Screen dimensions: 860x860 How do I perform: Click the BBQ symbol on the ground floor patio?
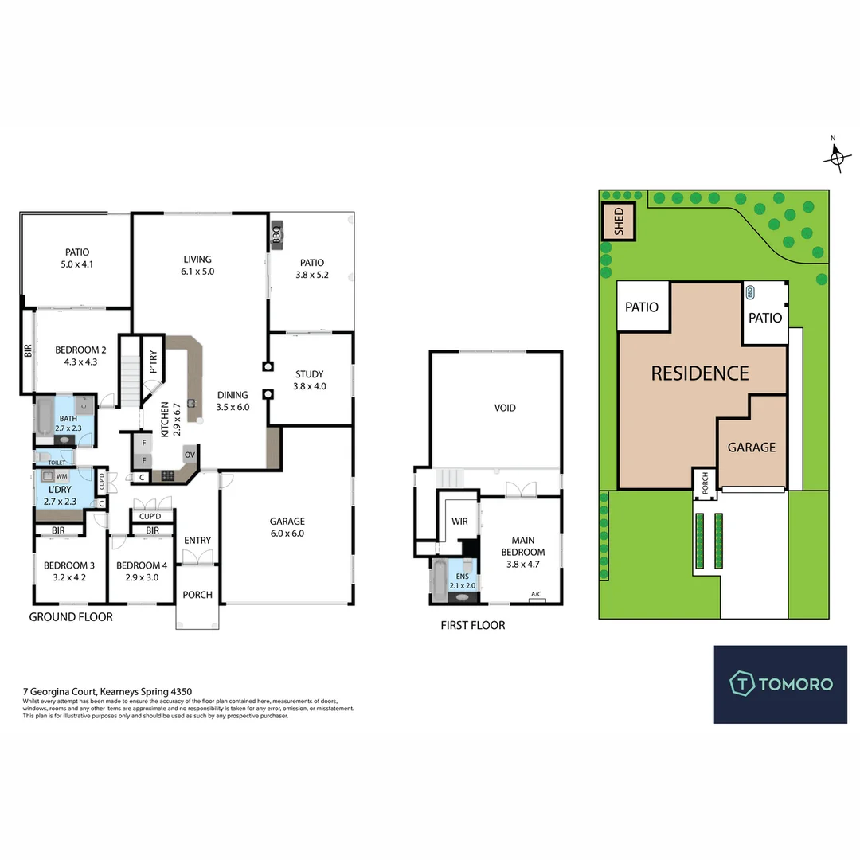click(x=276, y=236)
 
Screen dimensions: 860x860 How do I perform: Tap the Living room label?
click(x=197, y=265)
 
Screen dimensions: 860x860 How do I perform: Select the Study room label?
click(x=309, y=380)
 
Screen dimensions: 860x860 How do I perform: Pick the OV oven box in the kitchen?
click(x=190, y=455)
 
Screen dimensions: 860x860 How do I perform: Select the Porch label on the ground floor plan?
click(x=197, y=595)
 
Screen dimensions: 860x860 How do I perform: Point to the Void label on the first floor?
click(x=505, y=408)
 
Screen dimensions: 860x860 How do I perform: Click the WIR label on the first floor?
click(x=459, y=522)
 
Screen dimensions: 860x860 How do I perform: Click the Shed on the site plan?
click(x=619, y=222)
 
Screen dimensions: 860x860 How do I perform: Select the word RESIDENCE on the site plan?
click(x=700, y=373)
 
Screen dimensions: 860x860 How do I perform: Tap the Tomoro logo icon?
click(x=742, y=683)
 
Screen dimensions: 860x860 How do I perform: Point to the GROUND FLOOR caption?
click(x=71, y=617)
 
